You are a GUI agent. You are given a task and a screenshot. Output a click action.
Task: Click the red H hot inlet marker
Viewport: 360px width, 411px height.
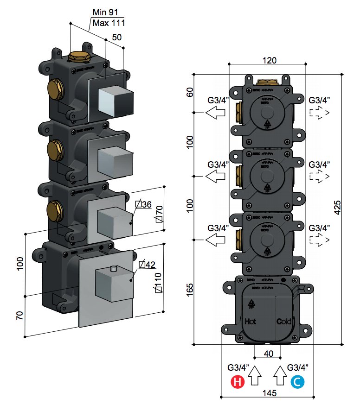click(x=237, y=382)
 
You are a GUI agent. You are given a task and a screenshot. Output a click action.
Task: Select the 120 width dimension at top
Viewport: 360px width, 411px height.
click(x=270, y=60)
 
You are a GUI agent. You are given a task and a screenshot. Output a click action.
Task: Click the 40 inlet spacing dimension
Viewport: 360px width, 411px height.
click(x=269, y=354)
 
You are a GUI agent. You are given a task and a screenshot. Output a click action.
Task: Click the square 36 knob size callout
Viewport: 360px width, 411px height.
click(x=143, y=204)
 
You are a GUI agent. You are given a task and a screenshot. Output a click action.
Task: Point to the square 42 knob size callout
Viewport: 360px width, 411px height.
click(x=147, y=265)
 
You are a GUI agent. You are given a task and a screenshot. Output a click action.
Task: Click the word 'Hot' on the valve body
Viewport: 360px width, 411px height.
click(x=250, y=321)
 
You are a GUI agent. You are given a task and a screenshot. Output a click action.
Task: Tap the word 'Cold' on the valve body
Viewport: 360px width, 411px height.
click(x=283, y=321)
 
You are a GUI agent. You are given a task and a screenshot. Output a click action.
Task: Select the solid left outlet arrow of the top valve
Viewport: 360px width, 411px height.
click(x=215, y=113)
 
